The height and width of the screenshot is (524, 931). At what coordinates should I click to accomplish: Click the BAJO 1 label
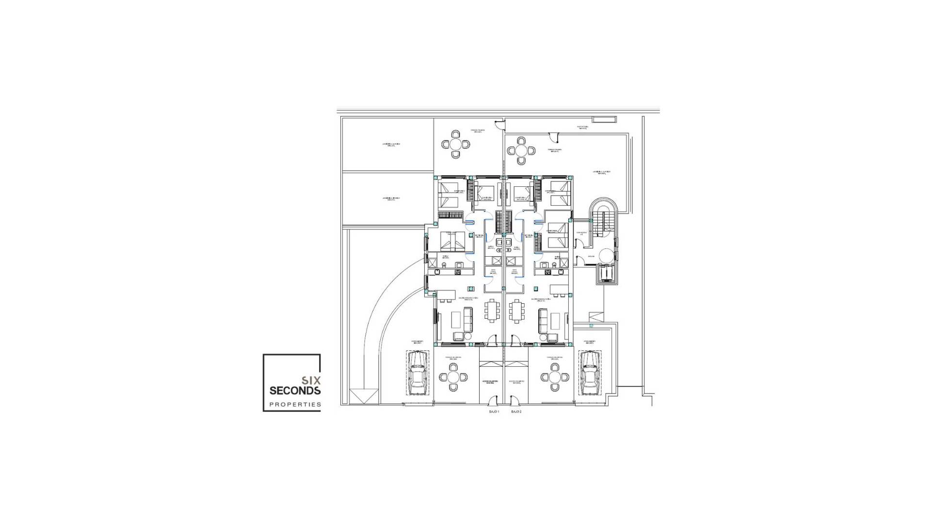pos(494,411)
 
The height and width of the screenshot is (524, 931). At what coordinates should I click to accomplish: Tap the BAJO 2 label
pos(516,411)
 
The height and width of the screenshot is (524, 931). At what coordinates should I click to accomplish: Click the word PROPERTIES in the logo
pos(295,404)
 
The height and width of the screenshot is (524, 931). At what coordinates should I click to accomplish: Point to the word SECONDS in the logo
pos(295,391)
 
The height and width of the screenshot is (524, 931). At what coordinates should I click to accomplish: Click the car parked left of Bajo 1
pos(417,373)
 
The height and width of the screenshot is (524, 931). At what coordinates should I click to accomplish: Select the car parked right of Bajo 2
pos(590,373)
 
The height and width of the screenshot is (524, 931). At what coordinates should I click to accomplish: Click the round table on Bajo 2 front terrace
pos(555,377)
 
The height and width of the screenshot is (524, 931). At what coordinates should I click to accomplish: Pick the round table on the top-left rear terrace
pos(456,144)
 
